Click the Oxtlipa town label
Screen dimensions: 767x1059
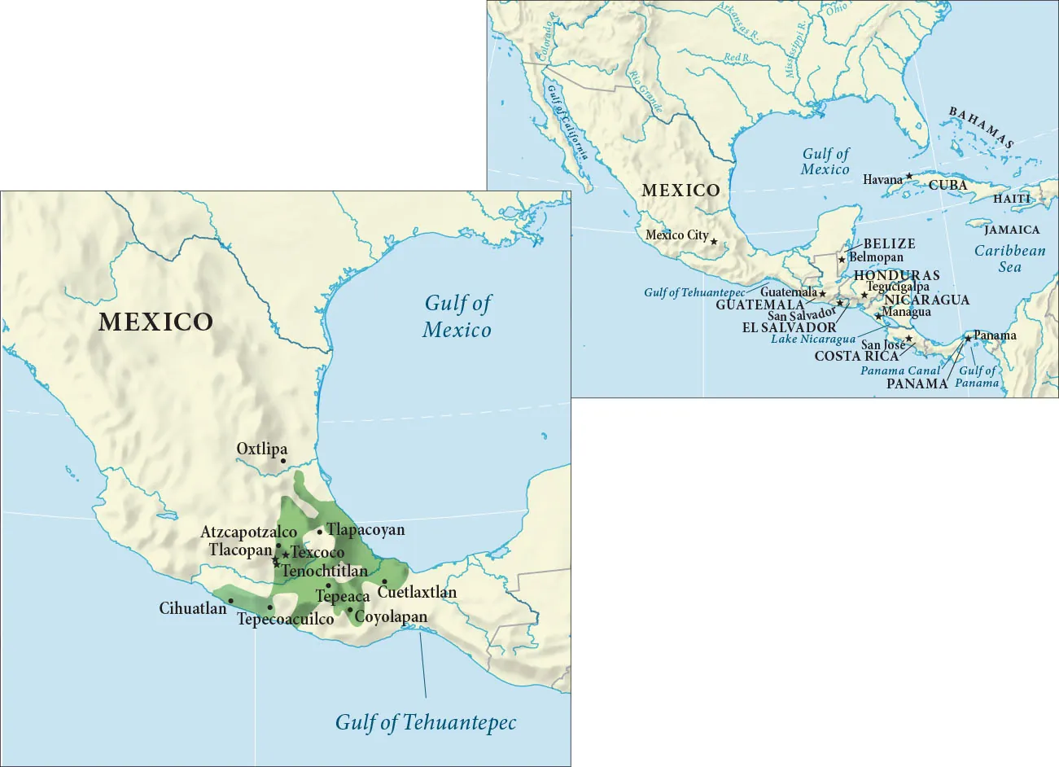point(261,449)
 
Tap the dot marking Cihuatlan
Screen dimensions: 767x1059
point(231,601)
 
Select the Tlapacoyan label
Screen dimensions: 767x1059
point(365,530)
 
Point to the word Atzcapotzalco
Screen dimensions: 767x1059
point(248,532)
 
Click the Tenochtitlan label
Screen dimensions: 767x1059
point(325,571)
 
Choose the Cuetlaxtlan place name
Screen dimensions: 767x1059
point(417,592)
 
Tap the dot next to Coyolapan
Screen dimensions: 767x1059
point(350,610)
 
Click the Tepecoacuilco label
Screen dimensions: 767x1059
point(285,620)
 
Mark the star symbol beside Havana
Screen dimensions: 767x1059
point(909,176)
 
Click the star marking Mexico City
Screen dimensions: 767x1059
point(714,241)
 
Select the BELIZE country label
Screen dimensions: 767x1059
point(889,243)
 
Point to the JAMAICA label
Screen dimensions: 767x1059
point(1012,230)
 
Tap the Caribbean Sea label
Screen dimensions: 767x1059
point(1009,259)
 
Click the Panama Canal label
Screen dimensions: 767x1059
point(900,370)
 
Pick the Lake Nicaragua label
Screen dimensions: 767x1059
point(812,339)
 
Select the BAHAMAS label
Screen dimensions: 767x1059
point(982,127)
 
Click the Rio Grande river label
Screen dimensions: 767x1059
point(645,91)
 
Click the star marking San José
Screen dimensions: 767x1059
point(908,339)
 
